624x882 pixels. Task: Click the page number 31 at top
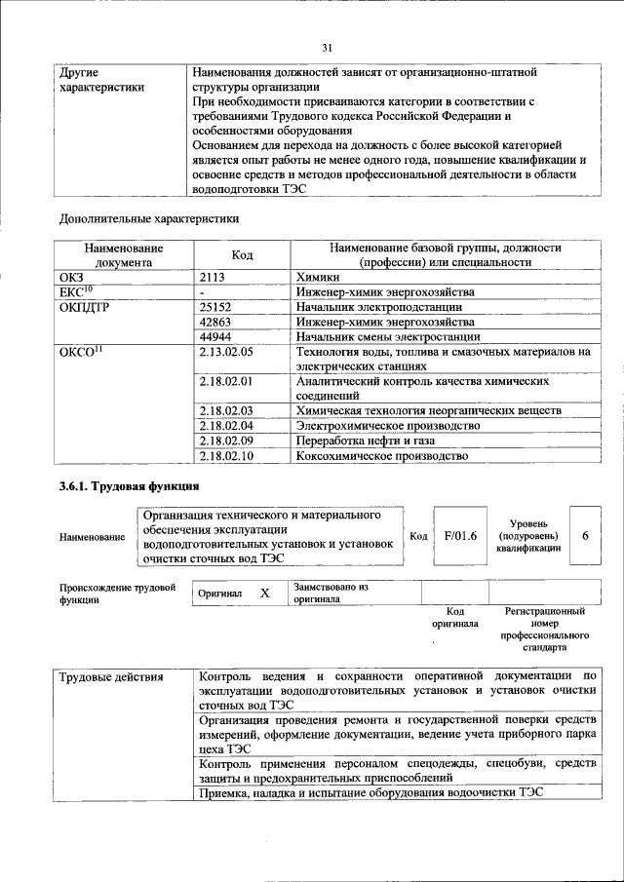coord(327,47)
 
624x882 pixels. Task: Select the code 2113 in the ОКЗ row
coord(212,278)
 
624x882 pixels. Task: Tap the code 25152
coord(214,307)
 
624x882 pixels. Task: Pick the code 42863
coord(214,322)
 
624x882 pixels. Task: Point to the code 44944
coord(214,336)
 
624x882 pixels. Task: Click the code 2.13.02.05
coord(225,352)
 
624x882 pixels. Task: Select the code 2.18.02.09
coord(225,441)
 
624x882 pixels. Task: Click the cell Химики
coord(320,278)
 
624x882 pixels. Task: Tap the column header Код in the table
coord(242,255)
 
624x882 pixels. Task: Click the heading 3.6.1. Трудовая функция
coord(130,485)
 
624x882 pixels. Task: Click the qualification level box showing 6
coord(585,536)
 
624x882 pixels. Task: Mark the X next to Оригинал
coord(264,593)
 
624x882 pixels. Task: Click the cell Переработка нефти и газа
coord(367,441)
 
